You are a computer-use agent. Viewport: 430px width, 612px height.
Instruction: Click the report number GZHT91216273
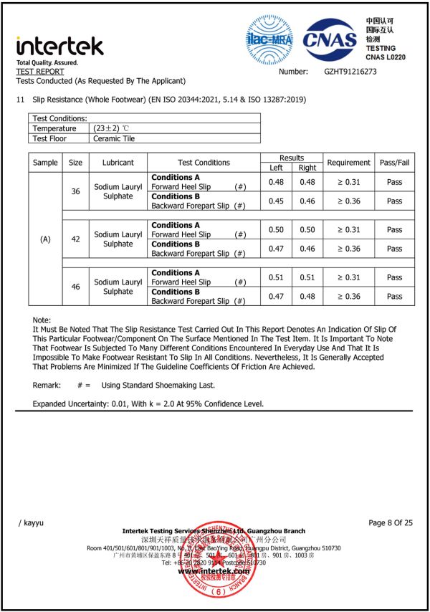[350, 72]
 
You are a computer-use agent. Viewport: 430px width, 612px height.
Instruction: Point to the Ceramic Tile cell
[114, 138]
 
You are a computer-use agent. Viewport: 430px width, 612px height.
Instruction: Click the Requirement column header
[348, 163]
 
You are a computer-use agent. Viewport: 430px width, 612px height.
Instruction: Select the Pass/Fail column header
[394, 163]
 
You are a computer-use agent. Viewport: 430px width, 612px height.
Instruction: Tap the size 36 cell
[75, 191]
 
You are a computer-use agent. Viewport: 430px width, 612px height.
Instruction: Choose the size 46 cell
[75, 287]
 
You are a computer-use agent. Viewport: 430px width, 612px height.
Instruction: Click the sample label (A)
[45, 239]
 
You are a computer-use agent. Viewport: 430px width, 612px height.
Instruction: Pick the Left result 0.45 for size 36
[276, 201]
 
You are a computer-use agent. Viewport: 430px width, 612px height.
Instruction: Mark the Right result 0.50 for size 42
[307, 230]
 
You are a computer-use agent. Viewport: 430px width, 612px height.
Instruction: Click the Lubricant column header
[118, 163]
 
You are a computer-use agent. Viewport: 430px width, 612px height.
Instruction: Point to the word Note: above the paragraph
[42, 320]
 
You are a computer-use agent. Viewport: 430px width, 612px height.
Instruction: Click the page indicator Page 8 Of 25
[391, 522]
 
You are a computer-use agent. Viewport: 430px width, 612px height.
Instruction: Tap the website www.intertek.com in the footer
[214, 571]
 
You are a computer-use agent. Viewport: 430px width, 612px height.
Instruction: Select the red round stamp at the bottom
[215, 573]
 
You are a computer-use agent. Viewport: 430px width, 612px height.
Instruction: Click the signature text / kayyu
[31, 522]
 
